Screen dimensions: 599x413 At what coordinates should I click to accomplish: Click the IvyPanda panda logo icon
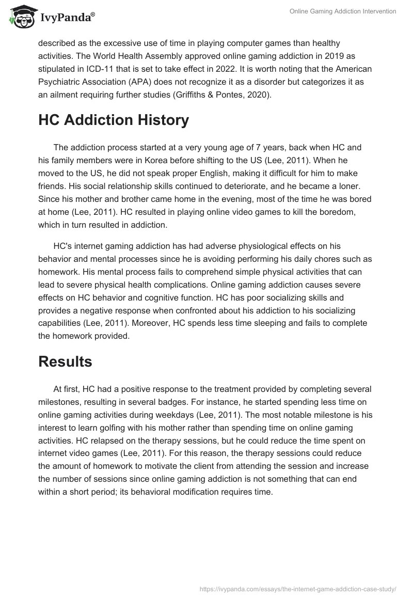[x=20, y=16]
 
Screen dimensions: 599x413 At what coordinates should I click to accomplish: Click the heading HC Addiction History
[x=114, y=120]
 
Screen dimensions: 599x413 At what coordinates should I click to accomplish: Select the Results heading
[x=65, y=361]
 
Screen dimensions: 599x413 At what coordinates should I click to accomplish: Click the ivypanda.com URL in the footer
[x=297, y=588]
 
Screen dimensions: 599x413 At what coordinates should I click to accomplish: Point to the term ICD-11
[x=101, y=69]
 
